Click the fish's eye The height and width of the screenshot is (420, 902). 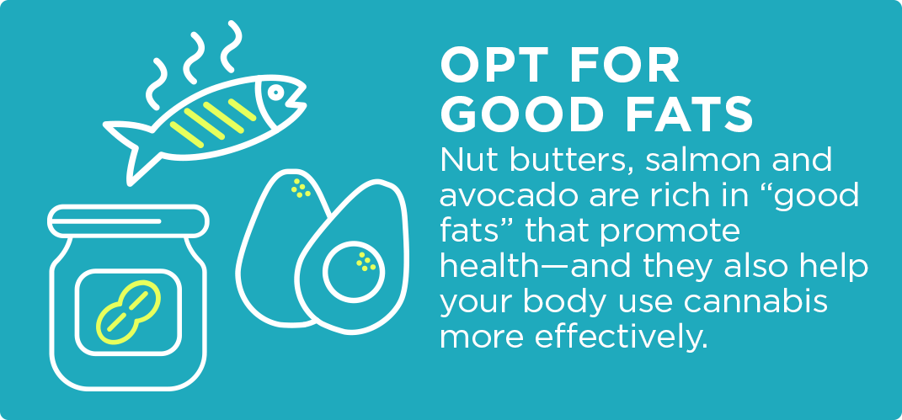click(275, 92)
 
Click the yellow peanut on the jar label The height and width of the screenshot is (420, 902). click(128, 312)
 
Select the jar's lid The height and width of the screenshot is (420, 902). click(128, 221)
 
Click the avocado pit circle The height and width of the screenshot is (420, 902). click(353, 269)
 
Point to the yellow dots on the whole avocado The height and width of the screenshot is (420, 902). click(301, 188)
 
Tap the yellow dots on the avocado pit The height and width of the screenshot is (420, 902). click(366, 262)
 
